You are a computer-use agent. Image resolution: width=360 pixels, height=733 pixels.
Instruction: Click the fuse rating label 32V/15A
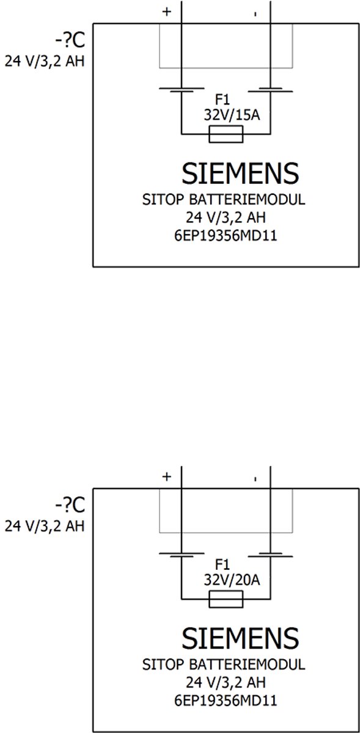tap(232, 115)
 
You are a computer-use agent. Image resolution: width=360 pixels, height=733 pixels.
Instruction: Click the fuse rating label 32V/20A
tap(232, 580)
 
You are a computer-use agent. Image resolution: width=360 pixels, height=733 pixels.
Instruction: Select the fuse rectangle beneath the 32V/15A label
tap(226, 134)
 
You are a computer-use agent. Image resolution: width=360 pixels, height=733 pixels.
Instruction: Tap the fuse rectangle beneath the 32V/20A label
tap(226, 599)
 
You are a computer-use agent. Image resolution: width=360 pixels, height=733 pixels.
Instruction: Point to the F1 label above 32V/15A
tap(222, 99)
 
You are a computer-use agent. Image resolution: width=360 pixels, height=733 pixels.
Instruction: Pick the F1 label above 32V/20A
tap(222, 564)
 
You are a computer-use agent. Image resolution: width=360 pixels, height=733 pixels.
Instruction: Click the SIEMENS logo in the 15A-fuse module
tap(240, 173)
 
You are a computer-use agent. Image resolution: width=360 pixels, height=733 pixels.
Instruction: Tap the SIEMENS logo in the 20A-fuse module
tap(240, 638)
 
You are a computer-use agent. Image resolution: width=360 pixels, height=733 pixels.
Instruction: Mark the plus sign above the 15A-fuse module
tap(167, 12)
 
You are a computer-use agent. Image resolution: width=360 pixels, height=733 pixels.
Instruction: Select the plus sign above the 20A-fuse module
tap(167, 477)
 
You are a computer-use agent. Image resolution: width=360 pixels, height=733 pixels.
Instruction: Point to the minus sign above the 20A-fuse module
tap(255, 479)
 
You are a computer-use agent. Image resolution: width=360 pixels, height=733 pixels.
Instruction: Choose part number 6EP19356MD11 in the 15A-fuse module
tap(226, 236)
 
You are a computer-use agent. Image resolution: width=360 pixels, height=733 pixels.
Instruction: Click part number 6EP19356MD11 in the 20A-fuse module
tap(226, 701)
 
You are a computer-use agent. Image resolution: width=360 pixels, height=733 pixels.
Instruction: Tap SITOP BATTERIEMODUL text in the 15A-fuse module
tap(224, 199)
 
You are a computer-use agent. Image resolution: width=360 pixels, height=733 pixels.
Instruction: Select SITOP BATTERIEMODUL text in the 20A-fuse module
tap(224, 665)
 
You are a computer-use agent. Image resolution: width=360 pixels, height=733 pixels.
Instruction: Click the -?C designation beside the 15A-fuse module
tap(70, 40)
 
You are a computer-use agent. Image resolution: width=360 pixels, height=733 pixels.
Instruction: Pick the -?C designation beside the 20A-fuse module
tap(70, 505)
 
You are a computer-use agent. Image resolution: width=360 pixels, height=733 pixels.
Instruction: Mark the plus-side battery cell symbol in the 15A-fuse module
tap(182, 90)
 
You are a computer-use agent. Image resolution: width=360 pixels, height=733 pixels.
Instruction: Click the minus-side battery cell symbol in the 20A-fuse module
tap(271, 555)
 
